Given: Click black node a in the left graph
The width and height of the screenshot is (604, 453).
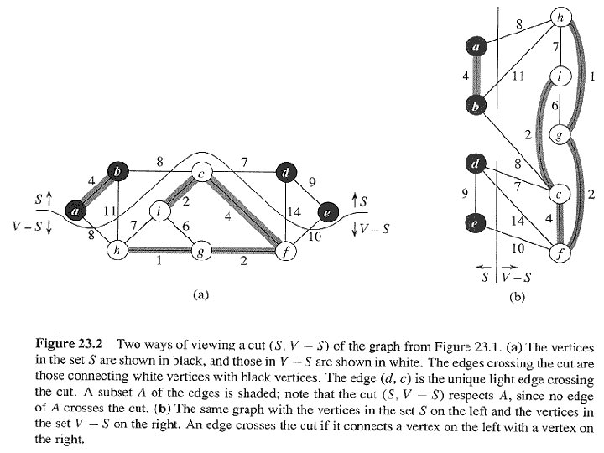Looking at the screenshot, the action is (x=75, y=211).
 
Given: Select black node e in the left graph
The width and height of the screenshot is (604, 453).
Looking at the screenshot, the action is (x=328, y=212).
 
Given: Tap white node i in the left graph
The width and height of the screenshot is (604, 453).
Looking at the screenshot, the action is (x=159, y=211).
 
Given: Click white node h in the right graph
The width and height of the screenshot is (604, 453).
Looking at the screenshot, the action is (x=560, y=18).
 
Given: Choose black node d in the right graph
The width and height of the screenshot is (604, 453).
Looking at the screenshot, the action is (x=476, y=164).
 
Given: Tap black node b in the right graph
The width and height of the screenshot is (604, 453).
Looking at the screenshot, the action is (x=476, y=106).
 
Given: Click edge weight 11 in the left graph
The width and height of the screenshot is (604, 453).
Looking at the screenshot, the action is (x=110, y=211).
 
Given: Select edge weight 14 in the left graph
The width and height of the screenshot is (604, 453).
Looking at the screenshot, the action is (x=294, y=211).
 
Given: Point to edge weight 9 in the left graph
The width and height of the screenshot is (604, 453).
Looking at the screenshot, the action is (x=312, y=181).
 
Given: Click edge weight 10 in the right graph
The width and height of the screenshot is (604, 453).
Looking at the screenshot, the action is (x=518, y=248).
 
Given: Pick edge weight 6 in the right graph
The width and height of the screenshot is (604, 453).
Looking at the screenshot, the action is (x=555, y=106).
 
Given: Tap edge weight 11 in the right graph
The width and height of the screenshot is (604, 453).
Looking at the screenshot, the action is (x=518, y=75).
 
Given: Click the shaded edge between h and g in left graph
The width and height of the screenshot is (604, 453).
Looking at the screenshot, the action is (x=160, y=251).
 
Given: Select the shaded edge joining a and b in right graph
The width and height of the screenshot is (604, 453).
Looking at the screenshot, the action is (x=476, y=76).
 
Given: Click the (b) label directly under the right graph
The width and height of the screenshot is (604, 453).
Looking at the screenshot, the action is (x=517, y=297).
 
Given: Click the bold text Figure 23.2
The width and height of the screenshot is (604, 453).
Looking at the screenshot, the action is (x=69, y=344).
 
